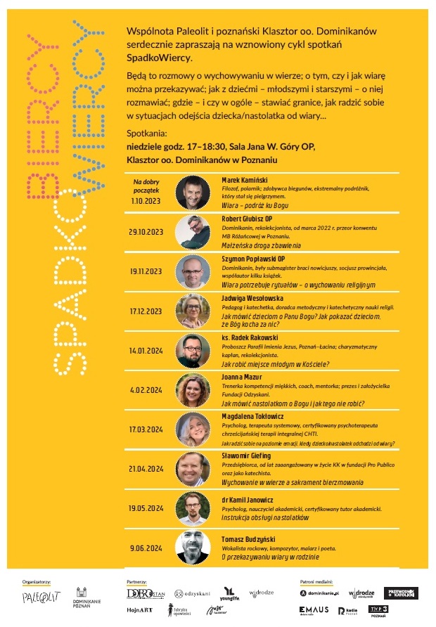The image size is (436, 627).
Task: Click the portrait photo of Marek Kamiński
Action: click(x=191, y=191)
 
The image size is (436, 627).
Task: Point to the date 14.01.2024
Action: click(x=146, y=349)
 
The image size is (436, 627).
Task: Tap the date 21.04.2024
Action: click(x=146, y=467)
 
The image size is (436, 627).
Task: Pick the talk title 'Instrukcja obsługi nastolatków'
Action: click(x=264, y=517)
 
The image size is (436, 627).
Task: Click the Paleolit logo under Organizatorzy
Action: click(x=41, y=597)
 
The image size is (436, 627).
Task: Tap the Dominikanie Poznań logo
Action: click(x=82, y=597)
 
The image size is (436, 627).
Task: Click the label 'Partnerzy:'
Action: click(x=136, y=582)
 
